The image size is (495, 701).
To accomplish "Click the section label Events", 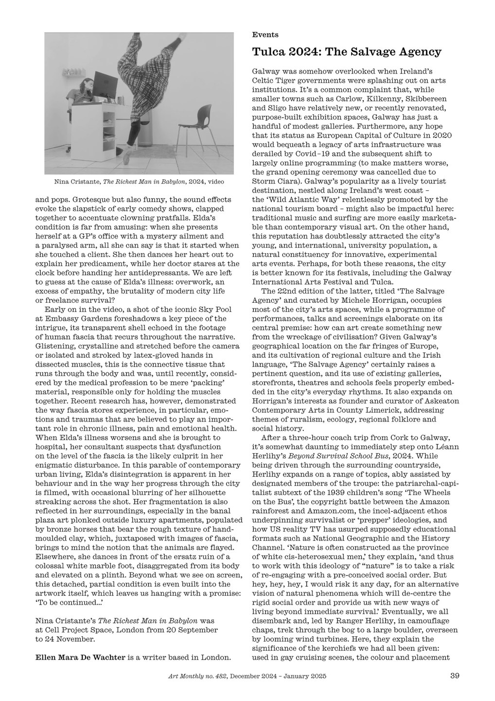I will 265,35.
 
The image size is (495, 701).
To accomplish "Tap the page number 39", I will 455,675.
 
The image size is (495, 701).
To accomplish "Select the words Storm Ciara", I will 273,179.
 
